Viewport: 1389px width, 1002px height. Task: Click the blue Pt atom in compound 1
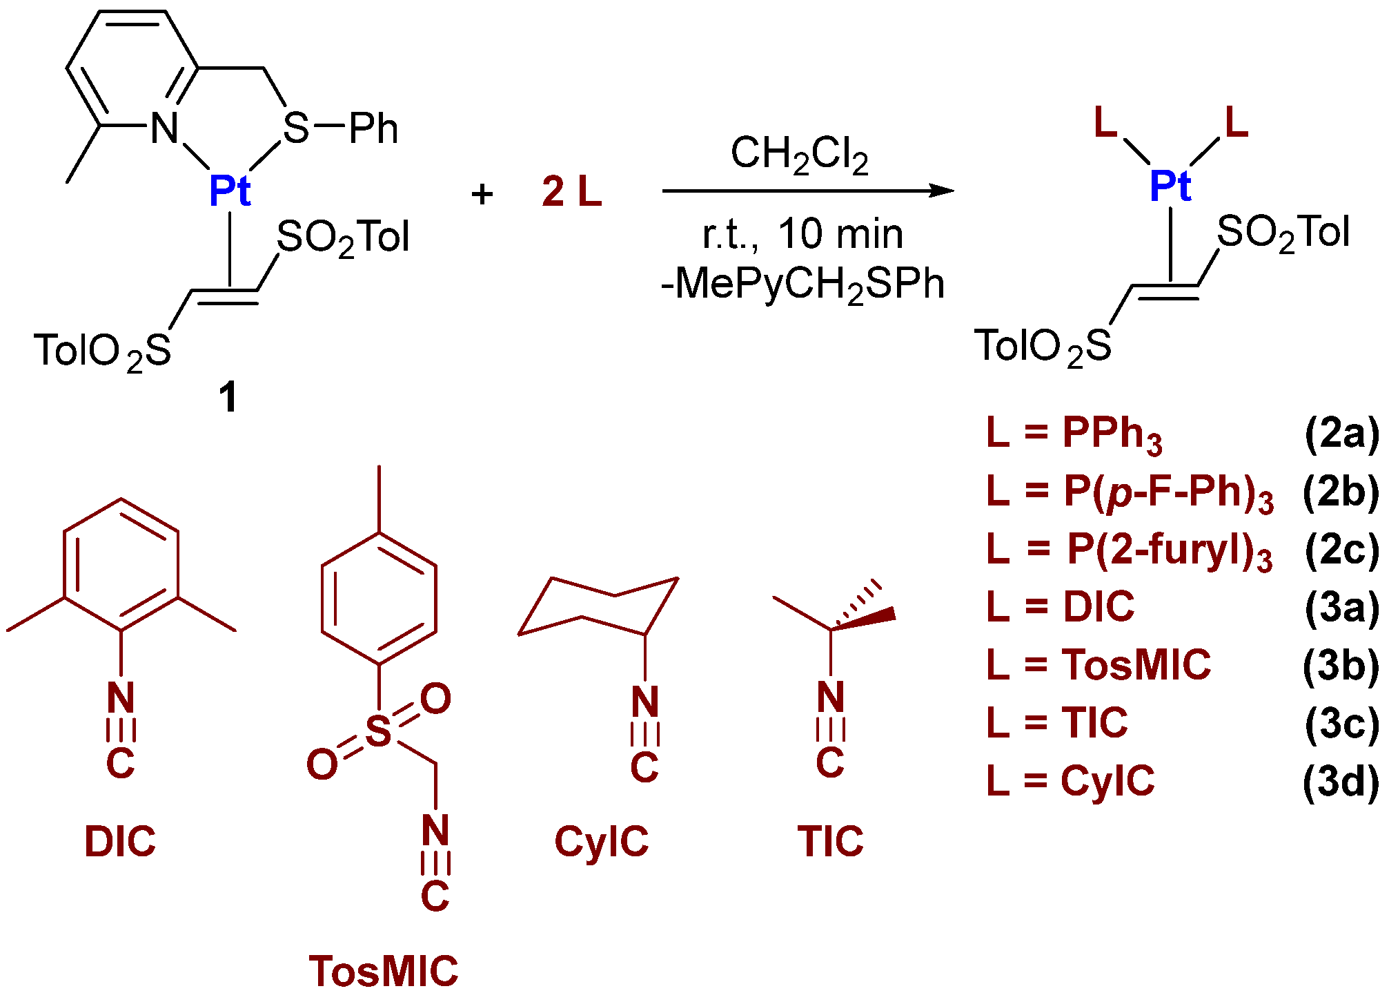pos(230,191)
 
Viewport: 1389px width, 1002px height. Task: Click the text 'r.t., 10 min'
pos(802,235)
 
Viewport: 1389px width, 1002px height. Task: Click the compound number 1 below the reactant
pos(228,398)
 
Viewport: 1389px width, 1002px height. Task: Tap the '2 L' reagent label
pos(571,191)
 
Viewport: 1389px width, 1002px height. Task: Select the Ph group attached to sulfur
pos(373,128)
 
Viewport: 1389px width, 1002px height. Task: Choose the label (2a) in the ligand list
pos(1341,434)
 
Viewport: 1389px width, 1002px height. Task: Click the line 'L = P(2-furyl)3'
pos(1130,551)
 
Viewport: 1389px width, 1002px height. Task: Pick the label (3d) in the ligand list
pos(1341,782)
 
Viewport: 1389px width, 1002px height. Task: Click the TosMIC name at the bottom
pos(384,971)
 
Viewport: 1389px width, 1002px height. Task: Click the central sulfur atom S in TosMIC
pos(378,731)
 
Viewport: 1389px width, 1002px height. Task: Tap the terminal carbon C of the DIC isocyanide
pos(121,762)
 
